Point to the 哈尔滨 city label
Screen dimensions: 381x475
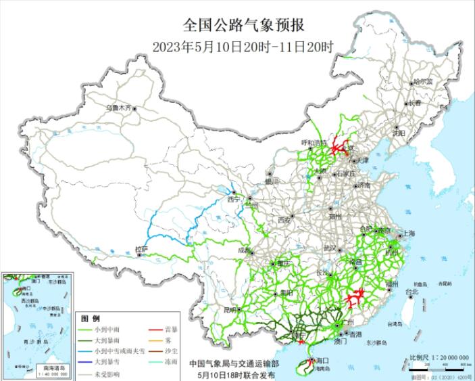pos(423,81)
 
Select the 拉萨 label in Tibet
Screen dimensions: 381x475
pos(141,250)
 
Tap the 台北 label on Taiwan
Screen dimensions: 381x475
pos(411,292)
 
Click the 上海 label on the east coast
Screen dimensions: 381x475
pos(408,233)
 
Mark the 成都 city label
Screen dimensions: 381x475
pos(245,250)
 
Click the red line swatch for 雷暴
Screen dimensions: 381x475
pos(155,330)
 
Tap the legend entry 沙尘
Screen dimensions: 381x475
pos(172,351)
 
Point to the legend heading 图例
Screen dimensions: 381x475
pos(91,318)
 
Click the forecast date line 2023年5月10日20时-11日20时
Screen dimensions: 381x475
pos(243,47)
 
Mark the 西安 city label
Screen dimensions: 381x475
pos(284,220)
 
